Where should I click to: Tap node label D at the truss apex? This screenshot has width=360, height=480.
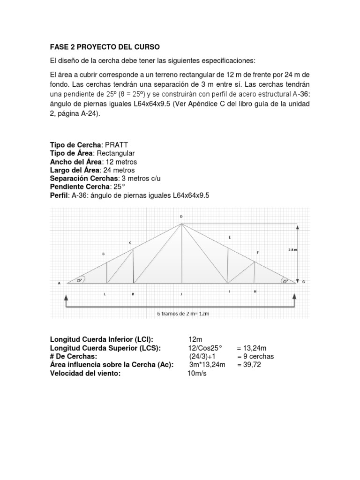pos(181,217)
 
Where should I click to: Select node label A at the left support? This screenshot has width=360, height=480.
pos(60,283)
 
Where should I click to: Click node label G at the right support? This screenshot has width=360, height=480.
pos(304,282)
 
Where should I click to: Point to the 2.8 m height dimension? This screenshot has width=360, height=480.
pos(292,250)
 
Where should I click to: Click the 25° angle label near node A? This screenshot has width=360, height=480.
pos(80,280)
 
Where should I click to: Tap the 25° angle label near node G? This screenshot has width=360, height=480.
pos(285,281)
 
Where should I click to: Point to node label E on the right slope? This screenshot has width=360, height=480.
pos(229,237)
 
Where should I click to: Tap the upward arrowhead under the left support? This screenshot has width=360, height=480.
pos(67,296)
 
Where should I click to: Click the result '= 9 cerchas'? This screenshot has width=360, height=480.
pos(255,356)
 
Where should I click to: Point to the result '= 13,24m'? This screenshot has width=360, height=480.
pos(252,348)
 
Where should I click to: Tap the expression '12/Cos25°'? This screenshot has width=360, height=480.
pos(204,348)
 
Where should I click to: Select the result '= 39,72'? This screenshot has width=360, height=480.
pos(248,365)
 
